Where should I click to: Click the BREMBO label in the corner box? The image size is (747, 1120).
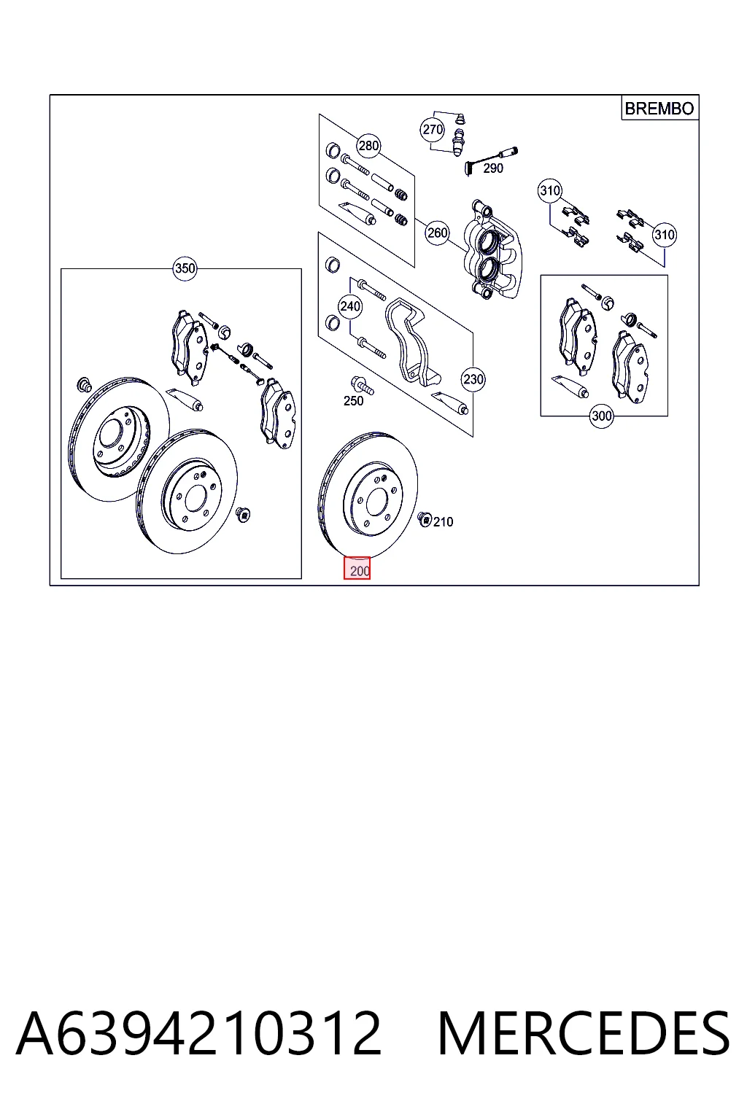click(659, 109)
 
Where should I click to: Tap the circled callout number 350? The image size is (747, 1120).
click(185, 268)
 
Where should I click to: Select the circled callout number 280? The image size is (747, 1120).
click(368, 146)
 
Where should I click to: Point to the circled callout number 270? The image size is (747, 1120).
click(433, 130)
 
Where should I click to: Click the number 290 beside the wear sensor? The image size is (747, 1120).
click(493, 168)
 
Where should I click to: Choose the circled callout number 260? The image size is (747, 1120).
click(437, 233)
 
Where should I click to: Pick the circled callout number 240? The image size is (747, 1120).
click(349, 306)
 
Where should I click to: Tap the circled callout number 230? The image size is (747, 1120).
click(473, 379)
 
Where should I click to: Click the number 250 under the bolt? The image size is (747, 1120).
click(353, 401)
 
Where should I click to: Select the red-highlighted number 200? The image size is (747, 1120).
click(357, 569)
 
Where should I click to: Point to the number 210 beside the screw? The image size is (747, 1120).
click(443, 522)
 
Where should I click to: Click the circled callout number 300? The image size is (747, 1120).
click(601, 416)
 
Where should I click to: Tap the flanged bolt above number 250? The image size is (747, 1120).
click(363, 386)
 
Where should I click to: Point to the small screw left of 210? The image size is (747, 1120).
click(425, 519)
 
